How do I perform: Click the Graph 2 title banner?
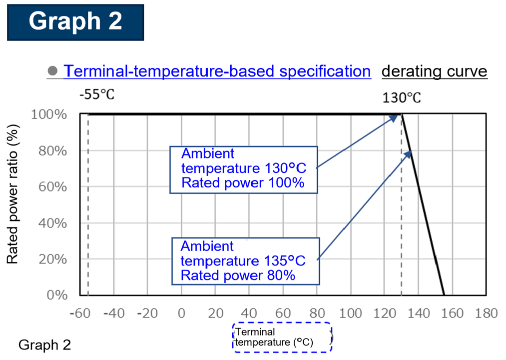[x=75, y=22]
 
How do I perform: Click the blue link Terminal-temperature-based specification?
[x=217, y=71]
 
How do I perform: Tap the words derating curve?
[x=434, y=71]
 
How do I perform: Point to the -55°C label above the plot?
[x=96, y=94]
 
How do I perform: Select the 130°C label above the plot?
[x=402, y=97]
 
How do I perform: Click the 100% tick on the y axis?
[x=49, y=114]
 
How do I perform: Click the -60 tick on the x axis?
[x=79, y=313]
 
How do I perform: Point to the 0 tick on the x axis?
[x=181, y=313]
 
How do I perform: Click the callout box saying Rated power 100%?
[x=243, y=169]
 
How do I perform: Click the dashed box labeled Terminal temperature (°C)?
[x=282, y=337]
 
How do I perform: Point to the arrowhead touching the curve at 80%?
[x=408, y=154]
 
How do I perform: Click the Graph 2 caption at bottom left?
[x=44, y=344]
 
